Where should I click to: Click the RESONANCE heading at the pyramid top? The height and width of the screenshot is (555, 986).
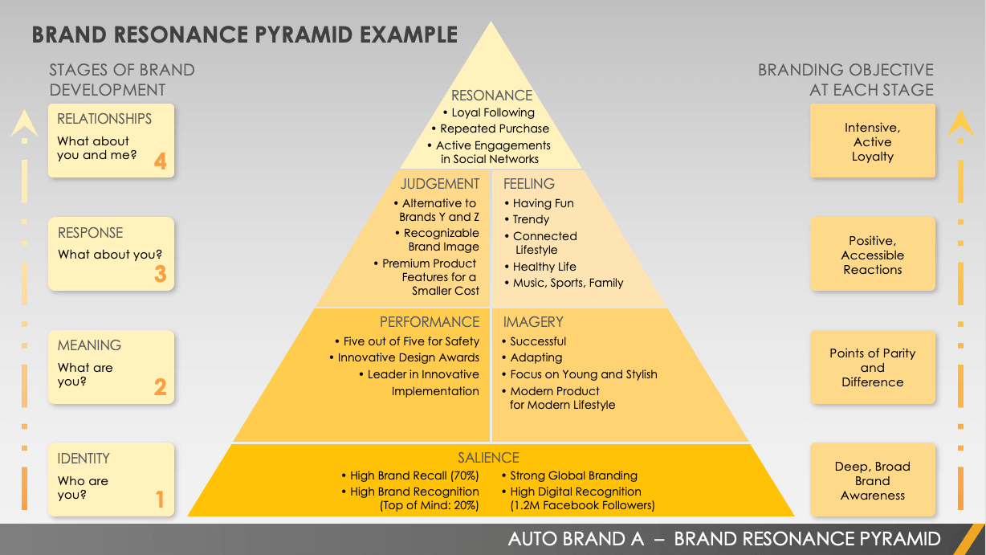point(491,96)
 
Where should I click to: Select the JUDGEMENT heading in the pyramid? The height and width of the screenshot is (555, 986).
point(440,184)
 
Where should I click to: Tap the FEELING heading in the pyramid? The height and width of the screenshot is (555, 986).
point(529,184)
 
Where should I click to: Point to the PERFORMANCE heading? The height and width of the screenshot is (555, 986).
point(430,322)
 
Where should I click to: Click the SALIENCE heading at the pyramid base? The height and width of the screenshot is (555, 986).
point(488,458)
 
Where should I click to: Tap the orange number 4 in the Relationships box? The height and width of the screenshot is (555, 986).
point(160,161)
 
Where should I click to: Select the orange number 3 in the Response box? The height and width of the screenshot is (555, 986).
point(160,275)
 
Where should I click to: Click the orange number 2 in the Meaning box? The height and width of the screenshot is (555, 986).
point(160,388)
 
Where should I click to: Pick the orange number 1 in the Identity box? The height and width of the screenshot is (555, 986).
point(160,500)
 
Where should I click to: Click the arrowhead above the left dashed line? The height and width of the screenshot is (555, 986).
point(25,123)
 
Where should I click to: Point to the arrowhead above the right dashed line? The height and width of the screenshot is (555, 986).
point(960,123)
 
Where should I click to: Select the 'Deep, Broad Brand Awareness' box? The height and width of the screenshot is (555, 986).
point(873,480)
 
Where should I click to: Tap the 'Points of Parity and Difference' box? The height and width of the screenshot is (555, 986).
point(873,367)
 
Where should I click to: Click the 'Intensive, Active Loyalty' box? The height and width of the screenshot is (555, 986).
point(873,141)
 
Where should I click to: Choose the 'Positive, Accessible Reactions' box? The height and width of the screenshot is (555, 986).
point(873,255)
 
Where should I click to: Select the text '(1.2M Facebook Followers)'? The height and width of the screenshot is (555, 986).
point(582,506)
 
